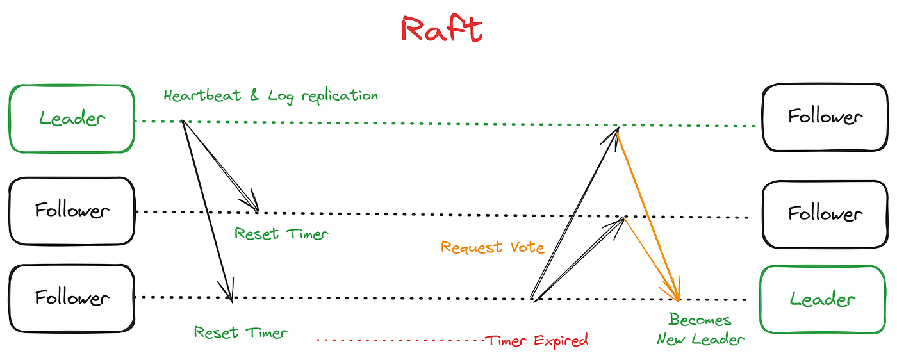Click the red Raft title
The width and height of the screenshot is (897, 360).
coord(441,29)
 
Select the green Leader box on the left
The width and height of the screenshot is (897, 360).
coord(72,119)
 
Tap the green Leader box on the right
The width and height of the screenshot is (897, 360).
coord(822,299)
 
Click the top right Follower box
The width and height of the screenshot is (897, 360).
coord(825,117)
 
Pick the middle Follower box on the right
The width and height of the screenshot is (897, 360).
coord(825,213)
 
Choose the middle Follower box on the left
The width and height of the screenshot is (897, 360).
coord(72,211)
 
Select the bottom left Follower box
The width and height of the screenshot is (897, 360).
coord(72,299)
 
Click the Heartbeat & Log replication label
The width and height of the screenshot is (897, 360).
coord(270,96)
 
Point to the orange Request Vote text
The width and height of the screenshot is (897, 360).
coord(493,247)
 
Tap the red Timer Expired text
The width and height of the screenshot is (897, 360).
coord(536,340)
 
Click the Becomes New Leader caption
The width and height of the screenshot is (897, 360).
coord(700,329)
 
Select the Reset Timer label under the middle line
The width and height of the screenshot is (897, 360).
coord(281,234)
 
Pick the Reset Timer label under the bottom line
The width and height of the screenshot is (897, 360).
coord(241,332)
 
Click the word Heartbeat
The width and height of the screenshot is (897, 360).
coord(202,96)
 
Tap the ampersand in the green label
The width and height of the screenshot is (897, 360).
coord(254,96)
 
